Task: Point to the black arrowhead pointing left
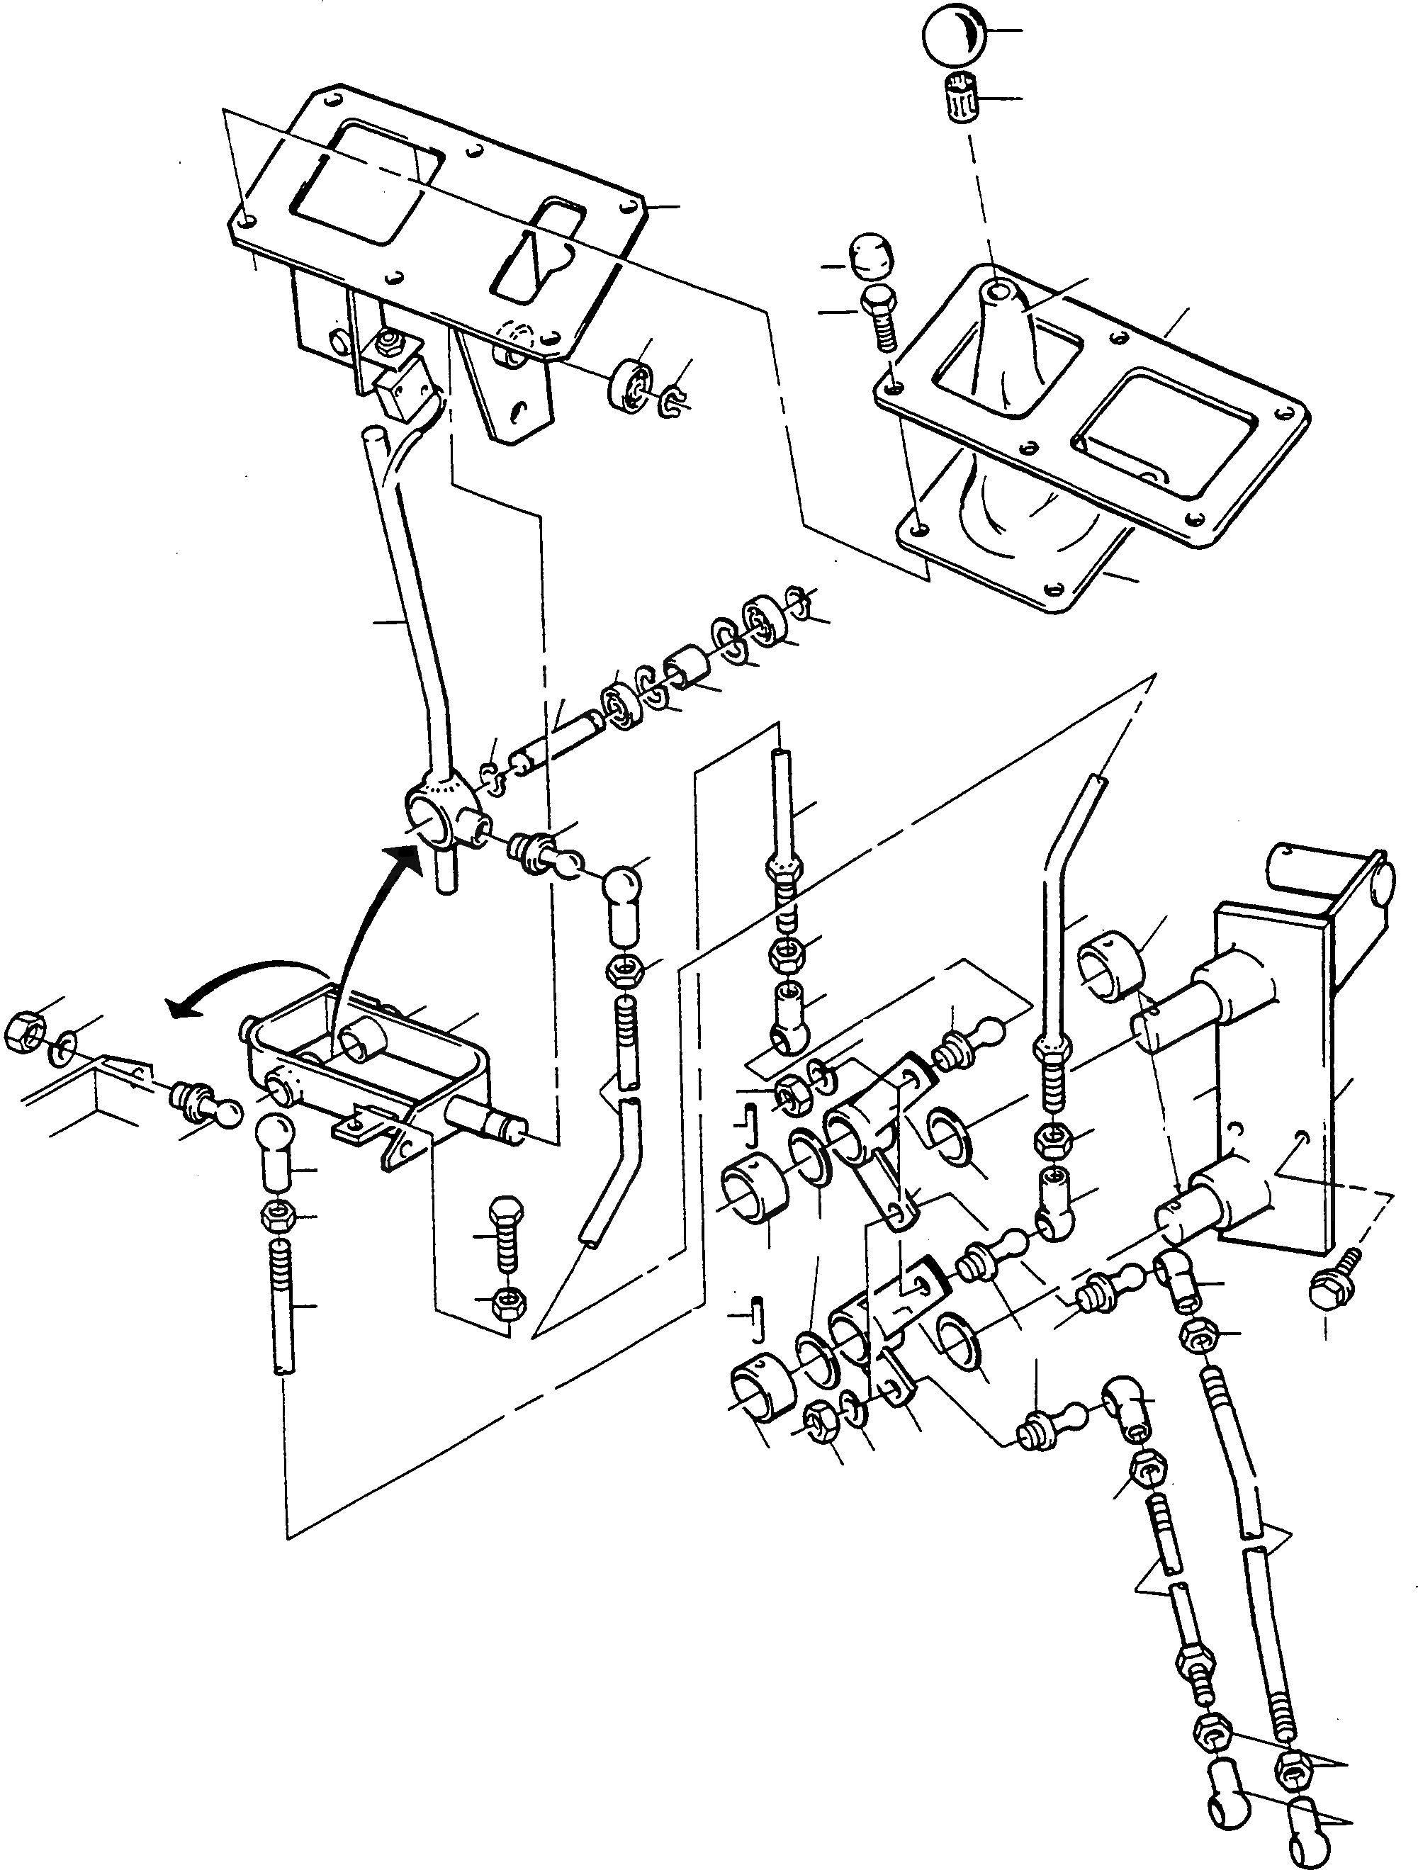(179, 1006)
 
